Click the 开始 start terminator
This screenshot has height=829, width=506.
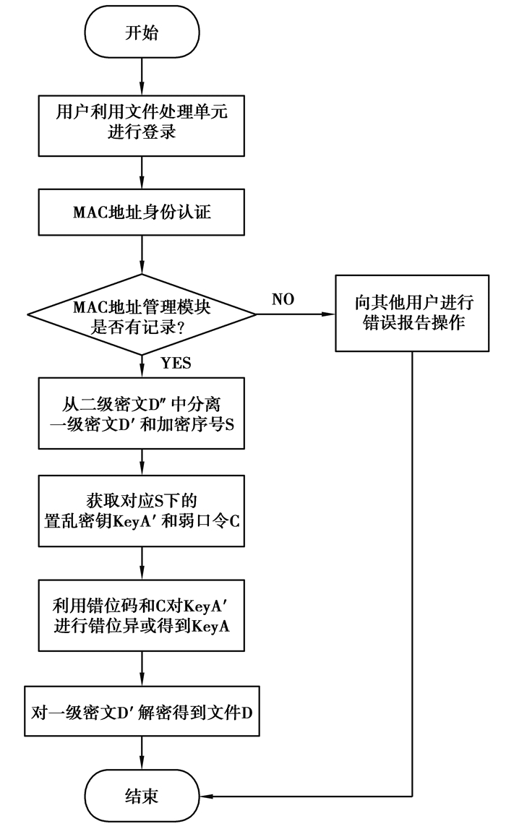click(142, 33)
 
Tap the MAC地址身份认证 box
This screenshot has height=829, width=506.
click(142, 213)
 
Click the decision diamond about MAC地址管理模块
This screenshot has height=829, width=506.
click(142, 314)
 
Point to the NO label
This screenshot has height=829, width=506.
click(283, 299)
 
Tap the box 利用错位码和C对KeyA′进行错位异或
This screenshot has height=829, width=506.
click(142, 616)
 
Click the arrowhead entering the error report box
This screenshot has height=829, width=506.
click(330, 314)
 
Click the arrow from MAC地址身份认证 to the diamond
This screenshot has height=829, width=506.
click(142, 255)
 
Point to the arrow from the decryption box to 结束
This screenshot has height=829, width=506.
click(142, 755)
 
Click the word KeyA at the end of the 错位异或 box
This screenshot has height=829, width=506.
click(210, 627)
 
